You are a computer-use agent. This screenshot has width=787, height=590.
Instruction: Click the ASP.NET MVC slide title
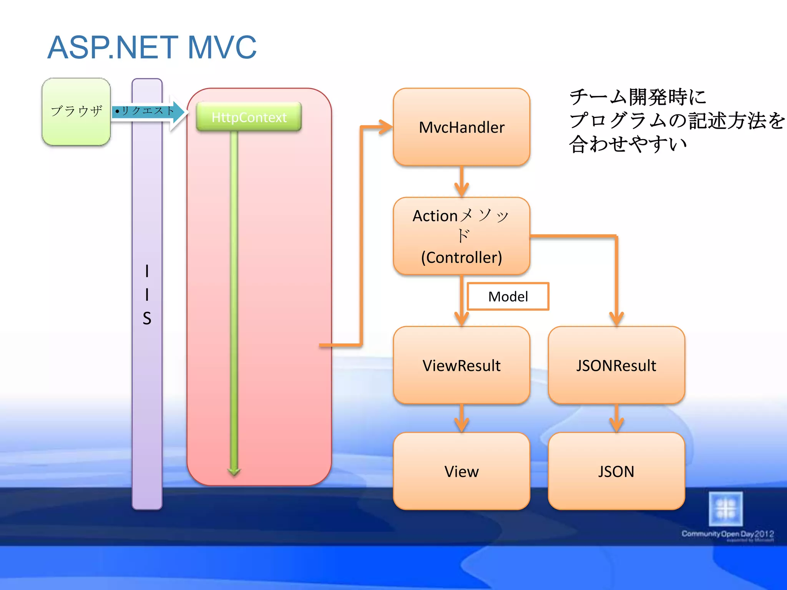point(152,48)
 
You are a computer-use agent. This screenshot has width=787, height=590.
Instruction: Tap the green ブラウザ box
point(76,112)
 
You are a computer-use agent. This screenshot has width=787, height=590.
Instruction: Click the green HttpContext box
point(249,117)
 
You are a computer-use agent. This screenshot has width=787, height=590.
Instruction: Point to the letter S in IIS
point(147,318)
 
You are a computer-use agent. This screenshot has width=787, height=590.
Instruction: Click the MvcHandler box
point(461,127)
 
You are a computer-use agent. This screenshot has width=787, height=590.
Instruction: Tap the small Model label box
point(508,297)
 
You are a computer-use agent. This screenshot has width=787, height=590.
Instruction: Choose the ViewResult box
point(461,365)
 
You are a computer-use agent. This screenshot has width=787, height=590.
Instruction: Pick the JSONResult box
point(616,365)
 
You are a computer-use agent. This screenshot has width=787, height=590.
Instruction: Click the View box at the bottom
point(461,471)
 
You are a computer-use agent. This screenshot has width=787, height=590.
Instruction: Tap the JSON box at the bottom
point(616,471)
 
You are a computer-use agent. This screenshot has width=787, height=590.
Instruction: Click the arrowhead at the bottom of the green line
point(234,471)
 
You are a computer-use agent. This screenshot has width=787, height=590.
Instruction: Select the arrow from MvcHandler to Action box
point(461,182)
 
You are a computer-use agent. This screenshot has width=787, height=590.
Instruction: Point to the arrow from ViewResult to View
point(461,419)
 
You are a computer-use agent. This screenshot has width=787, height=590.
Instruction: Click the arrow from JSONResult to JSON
point(616,419)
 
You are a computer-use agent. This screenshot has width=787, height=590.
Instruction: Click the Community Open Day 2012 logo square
point(726,509)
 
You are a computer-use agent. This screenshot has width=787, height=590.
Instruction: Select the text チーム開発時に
point(638,97)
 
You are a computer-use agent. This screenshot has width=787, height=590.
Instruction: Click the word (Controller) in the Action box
point(461,257)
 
